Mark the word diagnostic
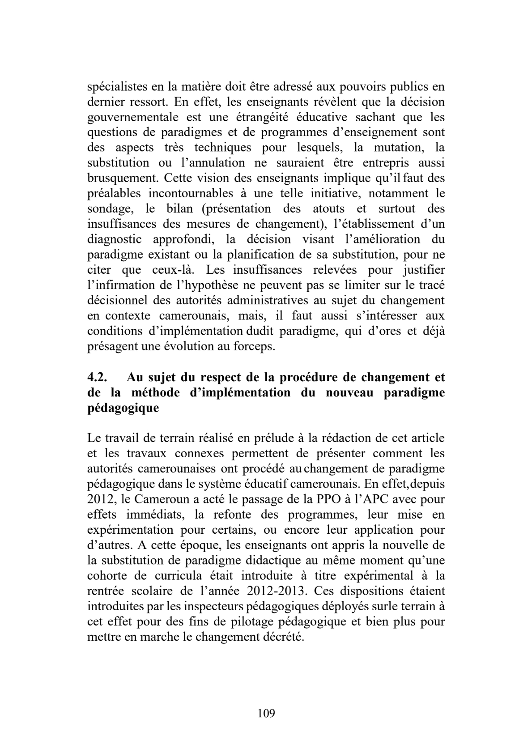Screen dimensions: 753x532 [x=115, y=239]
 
